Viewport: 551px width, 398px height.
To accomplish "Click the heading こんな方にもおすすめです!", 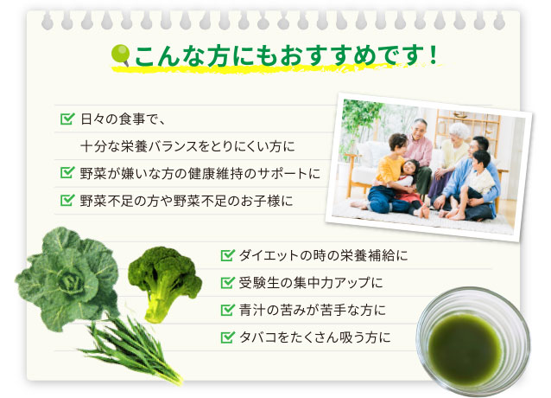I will coord(285,58).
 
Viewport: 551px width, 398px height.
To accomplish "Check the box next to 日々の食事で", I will coord(66,118).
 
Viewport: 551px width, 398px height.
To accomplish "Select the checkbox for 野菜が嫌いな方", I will coord(66,173).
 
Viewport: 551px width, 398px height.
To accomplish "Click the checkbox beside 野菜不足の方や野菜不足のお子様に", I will coord(66,201).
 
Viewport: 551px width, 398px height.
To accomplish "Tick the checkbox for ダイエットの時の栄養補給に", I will coord(228,255).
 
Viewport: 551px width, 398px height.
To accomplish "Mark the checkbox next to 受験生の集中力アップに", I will coord(228,282).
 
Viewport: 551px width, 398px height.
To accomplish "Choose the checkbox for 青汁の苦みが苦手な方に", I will coord(228,309).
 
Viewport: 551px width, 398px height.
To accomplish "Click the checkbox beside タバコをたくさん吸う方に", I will coord(228,336).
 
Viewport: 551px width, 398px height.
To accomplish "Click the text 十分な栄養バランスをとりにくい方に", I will coord(187,145).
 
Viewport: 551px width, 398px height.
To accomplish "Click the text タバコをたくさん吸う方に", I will coord(314,336).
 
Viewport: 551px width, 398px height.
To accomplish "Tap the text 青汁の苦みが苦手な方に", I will coord(311,309).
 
